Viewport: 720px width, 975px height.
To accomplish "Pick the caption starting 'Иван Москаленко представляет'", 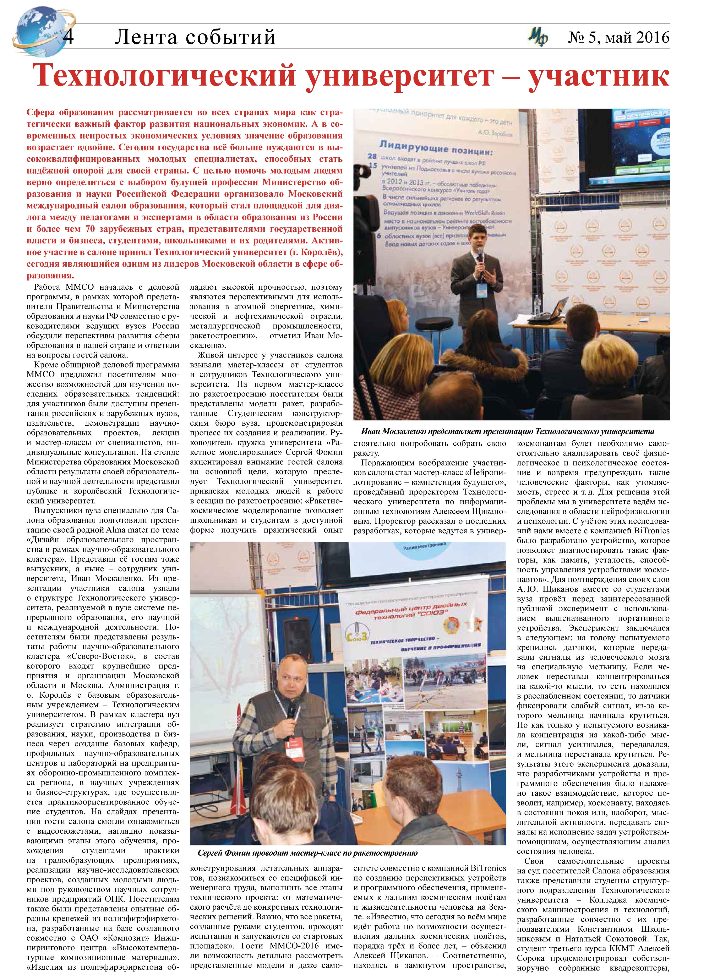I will pyautogui.click(x=508, y=431).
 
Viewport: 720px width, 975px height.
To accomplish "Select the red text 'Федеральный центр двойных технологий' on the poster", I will pyautogui.click(x=412, y=611).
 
